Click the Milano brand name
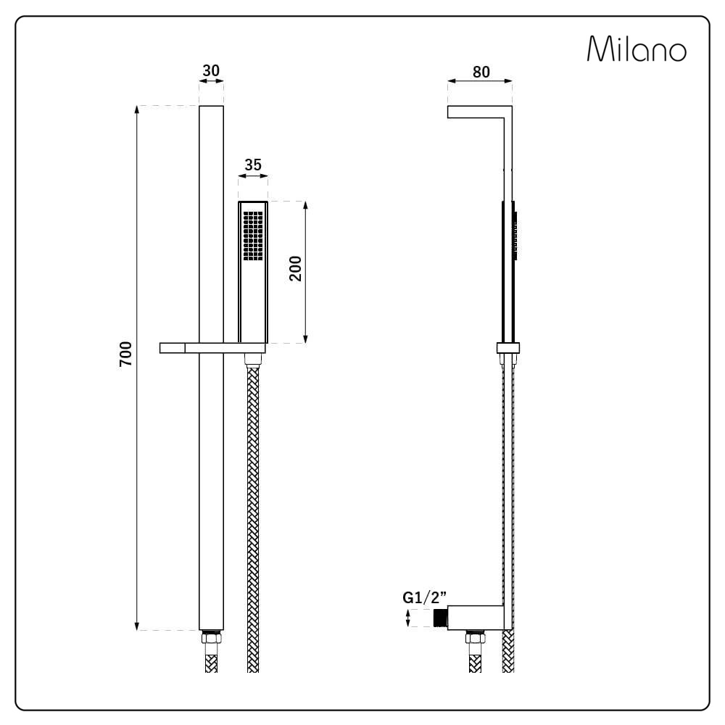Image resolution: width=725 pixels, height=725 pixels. [637, 49]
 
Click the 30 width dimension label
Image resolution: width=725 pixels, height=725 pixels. [211, 71]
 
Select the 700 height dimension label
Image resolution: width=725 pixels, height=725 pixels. [125, 354]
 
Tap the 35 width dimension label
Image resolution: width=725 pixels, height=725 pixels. [253, 165]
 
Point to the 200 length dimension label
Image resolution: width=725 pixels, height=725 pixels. [295, 269]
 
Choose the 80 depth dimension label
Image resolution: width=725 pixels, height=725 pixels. [481, 72]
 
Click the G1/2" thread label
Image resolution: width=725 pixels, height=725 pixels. [424, 597]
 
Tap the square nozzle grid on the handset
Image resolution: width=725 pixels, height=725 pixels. [253, 236]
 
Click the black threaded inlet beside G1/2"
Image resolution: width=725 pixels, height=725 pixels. [441, 618]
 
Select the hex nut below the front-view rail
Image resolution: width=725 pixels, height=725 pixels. [211, 638]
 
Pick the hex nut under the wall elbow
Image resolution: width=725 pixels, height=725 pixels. [476, 638]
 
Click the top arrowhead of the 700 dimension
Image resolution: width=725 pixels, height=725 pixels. [136, 109]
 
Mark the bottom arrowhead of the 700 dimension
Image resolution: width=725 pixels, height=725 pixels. [136, 626]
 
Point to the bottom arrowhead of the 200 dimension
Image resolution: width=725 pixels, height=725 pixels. [305, 339]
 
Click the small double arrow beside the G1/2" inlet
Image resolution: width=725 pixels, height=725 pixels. [407, 618]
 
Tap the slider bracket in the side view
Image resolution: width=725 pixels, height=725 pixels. [508, 348]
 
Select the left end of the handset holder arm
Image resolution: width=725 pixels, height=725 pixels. [160, 348]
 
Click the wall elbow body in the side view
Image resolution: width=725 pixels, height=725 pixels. [476, 618]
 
